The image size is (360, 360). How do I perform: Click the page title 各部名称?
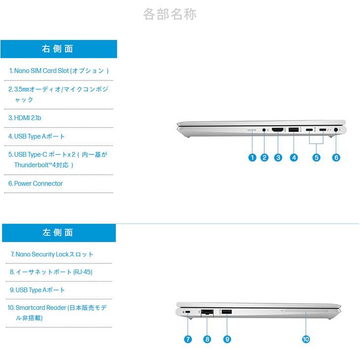pyautogui.click(x=170, y=14)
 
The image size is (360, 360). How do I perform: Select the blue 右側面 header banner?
pyautogui.click(x=59, y=49)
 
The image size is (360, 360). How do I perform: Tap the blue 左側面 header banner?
pyautogui.click(x=59, y=233)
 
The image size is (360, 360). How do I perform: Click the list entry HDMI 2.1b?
pyautogui.click(x=25, y=118)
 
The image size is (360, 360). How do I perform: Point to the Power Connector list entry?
pyautogui.click(x=36, y=183)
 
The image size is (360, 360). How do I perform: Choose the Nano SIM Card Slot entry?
pyautogui.click(x=59, y=71)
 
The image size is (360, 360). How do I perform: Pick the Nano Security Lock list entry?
pyautogui.click(x=52, y=254)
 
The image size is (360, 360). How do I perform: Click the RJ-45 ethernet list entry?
pyautogui.click(x=51, y=272)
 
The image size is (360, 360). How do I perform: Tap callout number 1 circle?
pyautogui.click(x=252, y=157)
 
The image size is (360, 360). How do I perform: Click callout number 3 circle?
pyautogui.click(x=278, y=157)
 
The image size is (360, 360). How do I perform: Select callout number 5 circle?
pyautogui.click(x=317, y=157)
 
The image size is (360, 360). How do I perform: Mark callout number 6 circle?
pyautogui.click(x=336, y=157)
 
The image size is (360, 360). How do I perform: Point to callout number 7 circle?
pyautogui.click(x=188, y=339)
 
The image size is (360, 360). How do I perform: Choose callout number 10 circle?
pyautogui.click(x=306, y=339)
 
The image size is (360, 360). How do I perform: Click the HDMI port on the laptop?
pyautogui.click(x=278, y=130)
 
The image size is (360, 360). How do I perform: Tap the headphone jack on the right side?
pyautogui.click(x=264, y=130)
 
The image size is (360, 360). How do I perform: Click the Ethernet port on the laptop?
pyautogui.click(x=207, y=313)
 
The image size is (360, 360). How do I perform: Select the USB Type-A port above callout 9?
pyautogui.click(x=227, y=312)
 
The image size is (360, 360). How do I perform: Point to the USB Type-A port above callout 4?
pyautogui.click(x=293, y=130)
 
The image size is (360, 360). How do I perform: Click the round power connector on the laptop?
pyautogui.click(x=336, y=130)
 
